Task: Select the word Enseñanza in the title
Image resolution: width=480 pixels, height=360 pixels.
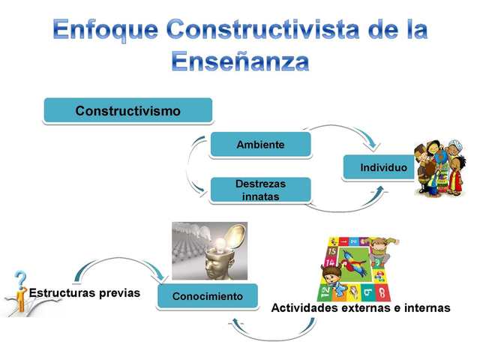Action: click(x=240, y=61)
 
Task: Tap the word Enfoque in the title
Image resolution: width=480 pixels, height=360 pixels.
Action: click(x=106, y=29)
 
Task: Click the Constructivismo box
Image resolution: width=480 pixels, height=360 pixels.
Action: click(x=128, y=111)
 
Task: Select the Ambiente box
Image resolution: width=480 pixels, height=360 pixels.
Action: click(x=260, y=145)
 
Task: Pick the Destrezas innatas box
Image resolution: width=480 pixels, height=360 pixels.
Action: click(x=260, y=189)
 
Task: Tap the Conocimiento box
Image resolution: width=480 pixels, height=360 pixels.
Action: click(x=208, y=296)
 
